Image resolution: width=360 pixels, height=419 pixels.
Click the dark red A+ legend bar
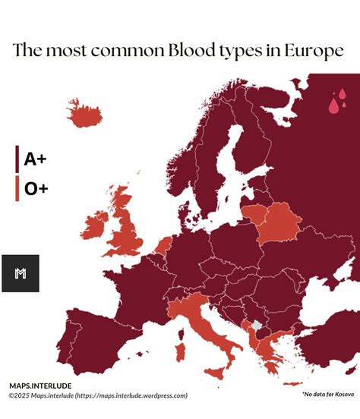coord(17,159)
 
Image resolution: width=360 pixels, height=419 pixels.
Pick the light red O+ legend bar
coord(17,189)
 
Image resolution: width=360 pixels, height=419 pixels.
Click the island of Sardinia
coord(180,351)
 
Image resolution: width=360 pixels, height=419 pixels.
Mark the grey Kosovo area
coord(257,326)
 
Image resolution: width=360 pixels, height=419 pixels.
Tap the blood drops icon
coord(337,101)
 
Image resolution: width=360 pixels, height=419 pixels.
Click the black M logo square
coord(21,273)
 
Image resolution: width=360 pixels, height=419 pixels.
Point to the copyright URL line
coord(99,395)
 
